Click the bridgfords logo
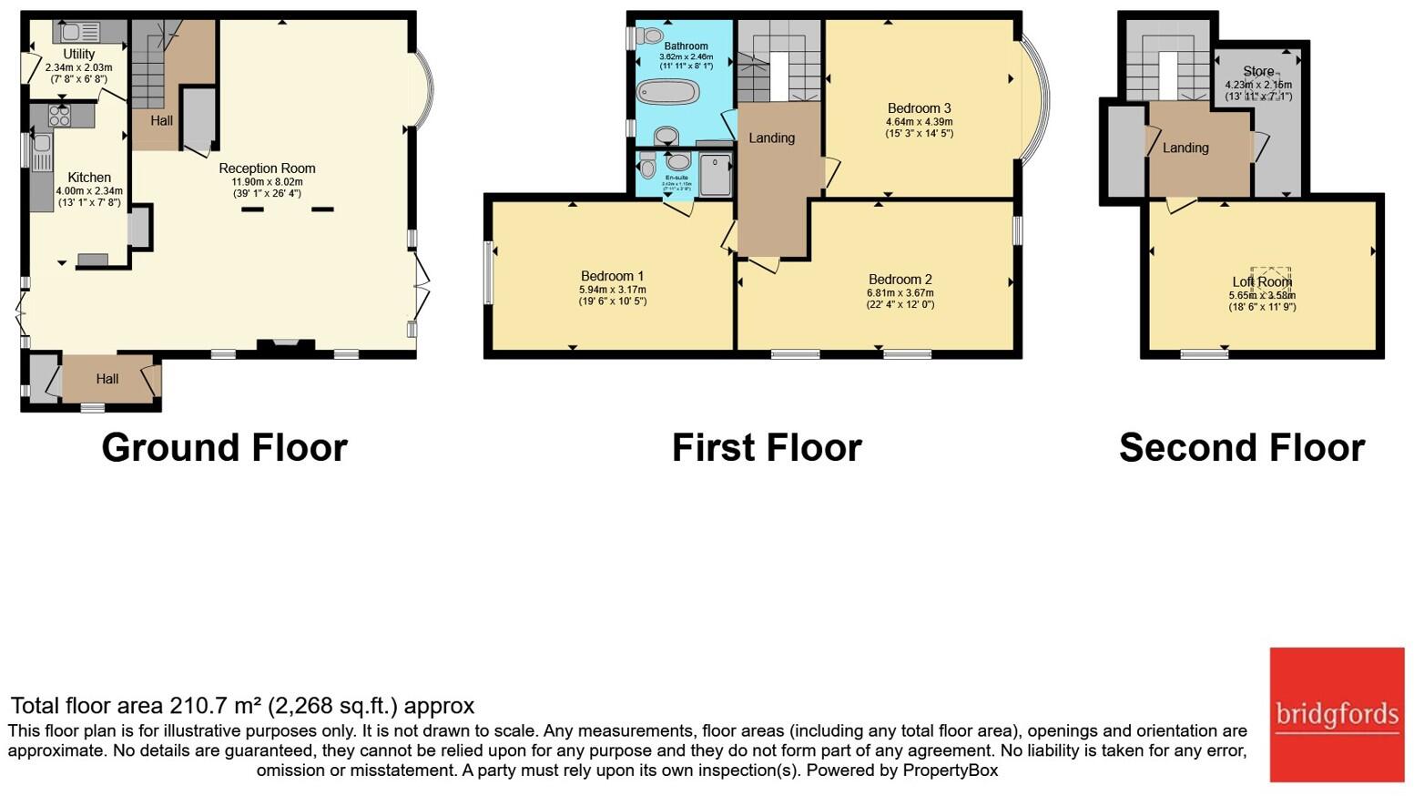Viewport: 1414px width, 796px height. pos(1337,715)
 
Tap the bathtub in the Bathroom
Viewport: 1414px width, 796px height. pos(667,92)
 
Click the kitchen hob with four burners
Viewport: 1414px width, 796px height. pos(59,115)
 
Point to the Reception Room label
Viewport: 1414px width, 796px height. pos(267,168)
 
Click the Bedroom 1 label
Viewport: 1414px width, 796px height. pos(612,276)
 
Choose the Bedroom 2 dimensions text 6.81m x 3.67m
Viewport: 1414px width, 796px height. pos(900,292)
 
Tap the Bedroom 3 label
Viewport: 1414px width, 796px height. pos(919,108)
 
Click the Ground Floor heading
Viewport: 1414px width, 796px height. pos(224,448)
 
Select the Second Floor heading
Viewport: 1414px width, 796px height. pos(1241,448)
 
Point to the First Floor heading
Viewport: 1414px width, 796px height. pos(767,448)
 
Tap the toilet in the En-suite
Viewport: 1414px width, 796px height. pos(647,166)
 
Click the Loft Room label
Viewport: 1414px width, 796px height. pos(1261,282)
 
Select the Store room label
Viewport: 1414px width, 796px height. pos(1258,71)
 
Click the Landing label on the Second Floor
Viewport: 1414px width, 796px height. pos(1185,148)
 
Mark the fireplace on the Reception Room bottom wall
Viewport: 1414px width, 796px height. pos(286,345)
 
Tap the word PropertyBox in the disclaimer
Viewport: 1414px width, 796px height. pos(950,770)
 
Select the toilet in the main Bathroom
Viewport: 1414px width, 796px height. pos(650,36)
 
